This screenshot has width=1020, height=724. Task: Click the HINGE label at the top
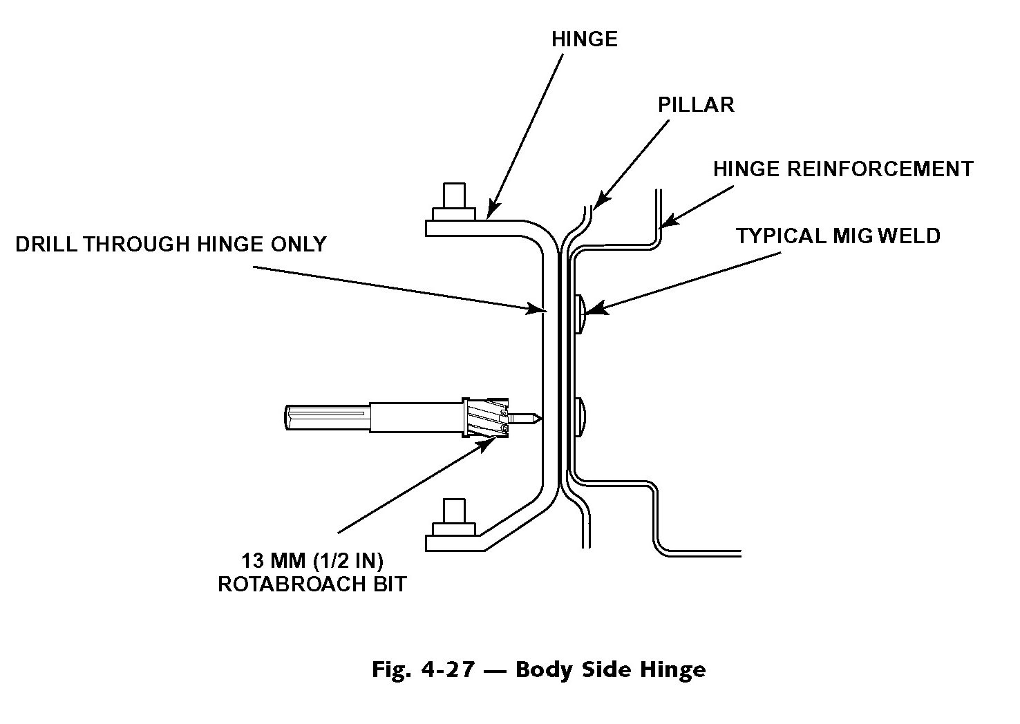584,39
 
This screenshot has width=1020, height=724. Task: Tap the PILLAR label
695,104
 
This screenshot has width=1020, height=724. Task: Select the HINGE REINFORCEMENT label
843,169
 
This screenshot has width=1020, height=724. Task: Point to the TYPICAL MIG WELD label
838,236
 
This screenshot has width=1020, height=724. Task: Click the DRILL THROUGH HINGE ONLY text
171,244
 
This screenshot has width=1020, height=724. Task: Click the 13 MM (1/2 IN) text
312,559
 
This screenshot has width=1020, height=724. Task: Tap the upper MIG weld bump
580,313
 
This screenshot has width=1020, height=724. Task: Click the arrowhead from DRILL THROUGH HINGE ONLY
536,309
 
